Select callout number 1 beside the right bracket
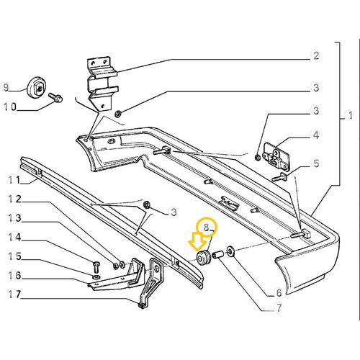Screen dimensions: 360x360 (351, 116)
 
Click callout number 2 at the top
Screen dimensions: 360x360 (315, 55)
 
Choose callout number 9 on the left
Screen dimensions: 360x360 (6, 89)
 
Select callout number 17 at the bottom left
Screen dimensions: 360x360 (12, 294)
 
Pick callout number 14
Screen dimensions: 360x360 (12, 237)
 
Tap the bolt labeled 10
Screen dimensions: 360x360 (55, 96)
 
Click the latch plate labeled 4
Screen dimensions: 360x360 (274, 154)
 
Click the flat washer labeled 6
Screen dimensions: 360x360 (230, 251)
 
